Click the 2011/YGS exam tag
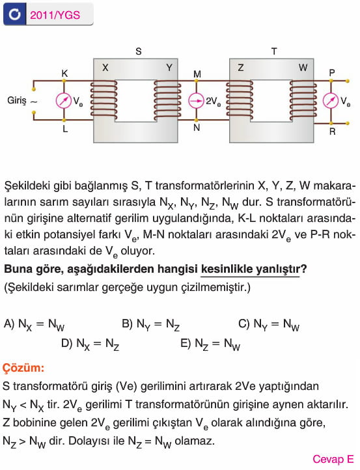[x=55, y=15]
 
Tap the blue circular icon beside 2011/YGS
[x=15, y=14]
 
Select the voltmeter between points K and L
[x=64, y=101]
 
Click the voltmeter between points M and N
[x=196, y=101]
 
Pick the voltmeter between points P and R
[x=330, y=101]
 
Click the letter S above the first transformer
[x=139, y=51]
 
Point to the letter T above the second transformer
[x=274, y=51]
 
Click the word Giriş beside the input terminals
[x=17, y=100]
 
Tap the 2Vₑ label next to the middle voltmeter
[x=214, y=102]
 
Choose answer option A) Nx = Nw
[x=34, y=325]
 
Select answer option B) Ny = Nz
[x=151, y=325]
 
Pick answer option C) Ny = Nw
[x=269, y=325]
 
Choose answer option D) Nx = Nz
[x=90, y=344]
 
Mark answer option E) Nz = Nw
[x=210, y=344]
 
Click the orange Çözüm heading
[x=23, y=368]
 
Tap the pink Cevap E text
[x=333, y=459]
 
